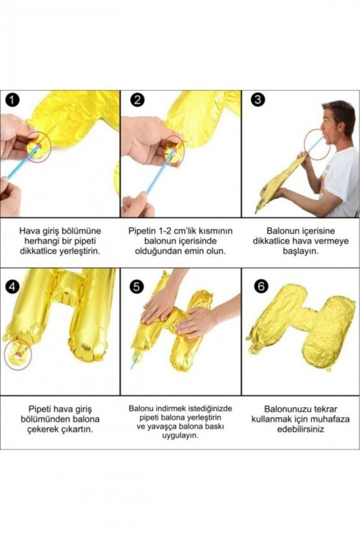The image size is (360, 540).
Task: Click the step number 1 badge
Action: [11, 100]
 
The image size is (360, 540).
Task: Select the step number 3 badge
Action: [257, 100]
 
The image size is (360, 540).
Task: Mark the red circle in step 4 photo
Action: [18, 354]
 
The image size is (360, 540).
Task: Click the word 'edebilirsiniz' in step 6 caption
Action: [300, 429]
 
